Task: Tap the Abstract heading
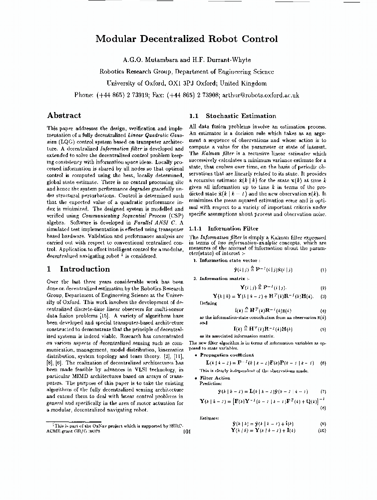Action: [x=64, y=115]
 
